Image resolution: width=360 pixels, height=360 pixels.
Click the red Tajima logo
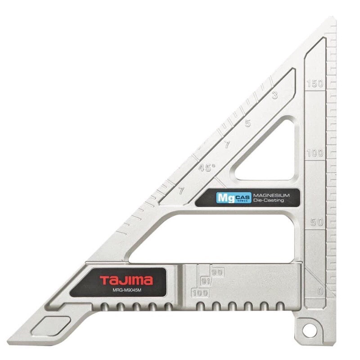[x=126, y=280]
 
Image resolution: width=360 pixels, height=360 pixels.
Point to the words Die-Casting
[x=268, y=200]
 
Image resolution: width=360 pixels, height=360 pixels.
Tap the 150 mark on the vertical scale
[x=315, y=83]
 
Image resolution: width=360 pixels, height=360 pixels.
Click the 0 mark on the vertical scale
[x=320, y=292]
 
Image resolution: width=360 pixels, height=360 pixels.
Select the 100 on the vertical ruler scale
[x=315, y=153]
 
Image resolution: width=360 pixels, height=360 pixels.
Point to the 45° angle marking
[x=207, y=168]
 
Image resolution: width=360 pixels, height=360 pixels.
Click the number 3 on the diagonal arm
[x=274, y=95]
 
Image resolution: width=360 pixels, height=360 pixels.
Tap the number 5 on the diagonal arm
[x=247, y=123]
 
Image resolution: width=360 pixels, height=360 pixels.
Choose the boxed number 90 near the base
[x=217, y=272]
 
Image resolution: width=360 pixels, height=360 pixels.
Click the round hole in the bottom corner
[x=309, y=330]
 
